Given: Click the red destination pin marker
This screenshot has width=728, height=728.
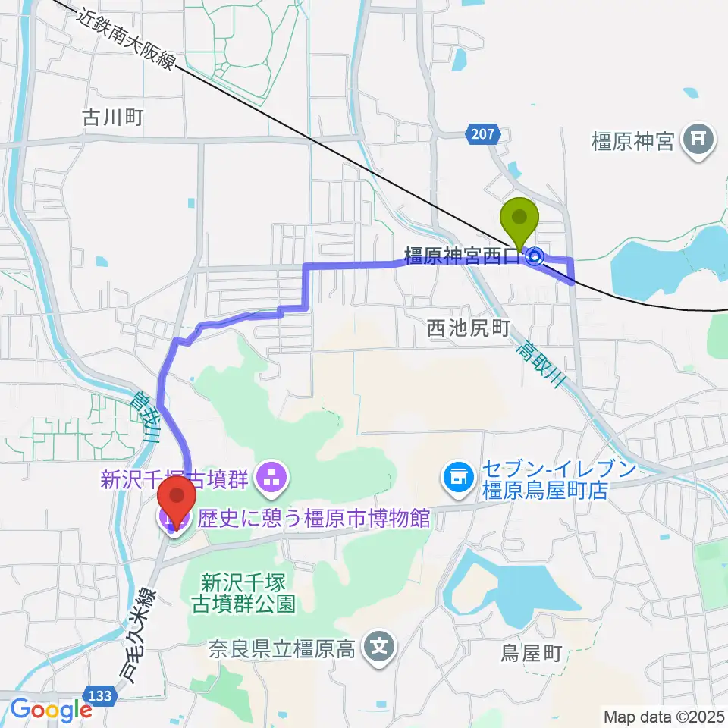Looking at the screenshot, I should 177,497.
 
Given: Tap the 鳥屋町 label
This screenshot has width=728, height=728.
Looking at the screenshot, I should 532,651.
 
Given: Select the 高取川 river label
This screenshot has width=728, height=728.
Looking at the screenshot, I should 539,364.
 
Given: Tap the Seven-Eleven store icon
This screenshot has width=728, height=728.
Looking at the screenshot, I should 457,476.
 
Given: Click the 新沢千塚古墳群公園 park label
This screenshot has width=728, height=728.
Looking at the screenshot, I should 248,593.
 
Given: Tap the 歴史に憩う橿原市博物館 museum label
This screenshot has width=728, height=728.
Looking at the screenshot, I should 314,519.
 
